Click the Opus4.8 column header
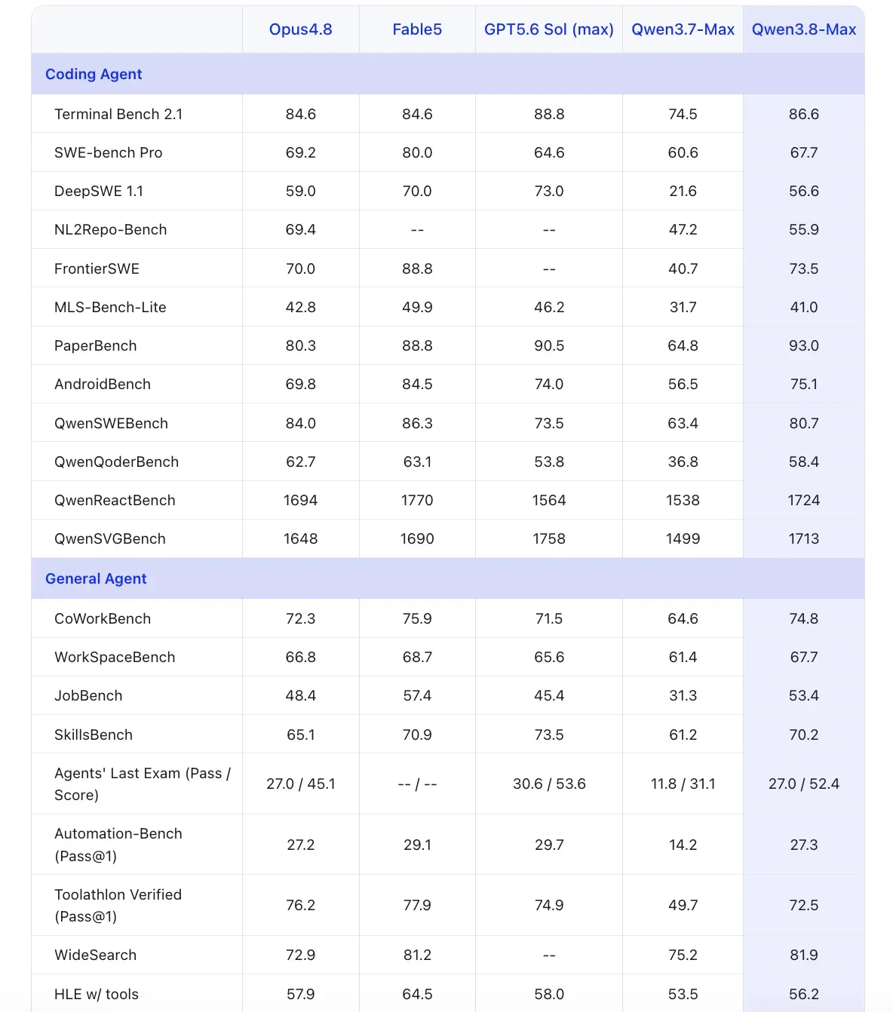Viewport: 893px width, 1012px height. coord(300,29)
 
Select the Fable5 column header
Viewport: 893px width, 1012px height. coord(417,29)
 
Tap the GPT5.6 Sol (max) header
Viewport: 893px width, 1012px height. coord(548,29)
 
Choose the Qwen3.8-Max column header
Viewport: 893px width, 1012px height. coord(803,29)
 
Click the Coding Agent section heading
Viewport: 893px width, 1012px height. coord(94,74)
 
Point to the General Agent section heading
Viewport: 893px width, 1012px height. coord(96,578)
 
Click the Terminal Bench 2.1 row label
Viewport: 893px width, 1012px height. coord(118,114)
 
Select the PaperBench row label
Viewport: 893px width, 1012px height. coord(96,345)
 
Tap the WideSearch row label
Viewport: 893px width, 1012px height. coord(96,955)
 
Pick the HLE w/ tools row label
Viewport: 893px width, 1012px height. coord(97,994)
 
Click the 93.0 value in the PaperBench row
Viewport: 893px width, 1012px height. coord(803,345)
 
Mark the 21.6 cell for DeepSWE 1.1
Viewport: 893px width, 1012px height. coord(683,191)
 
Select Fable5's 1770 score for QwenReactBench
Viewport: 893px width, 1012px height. coord(417,500)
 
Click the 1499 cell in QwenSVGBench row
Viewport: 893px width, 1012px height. coord(683,538)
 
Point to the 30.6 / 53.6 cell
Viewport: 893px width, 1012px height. coord(548,784)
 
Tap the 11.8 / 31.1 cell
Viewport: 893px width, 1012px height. coord(683,784)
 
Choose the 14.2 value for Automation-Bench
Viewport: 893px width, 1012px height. coord(683,845)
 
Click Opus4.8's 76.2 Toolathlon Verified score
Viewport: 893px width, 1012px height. coord(300,905)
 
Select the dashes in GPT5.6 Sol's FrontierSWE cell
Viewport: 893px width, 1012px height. coord(548,268)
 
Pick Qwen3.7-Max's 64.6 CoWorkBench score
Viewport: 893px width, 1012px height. coord(683,618)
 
